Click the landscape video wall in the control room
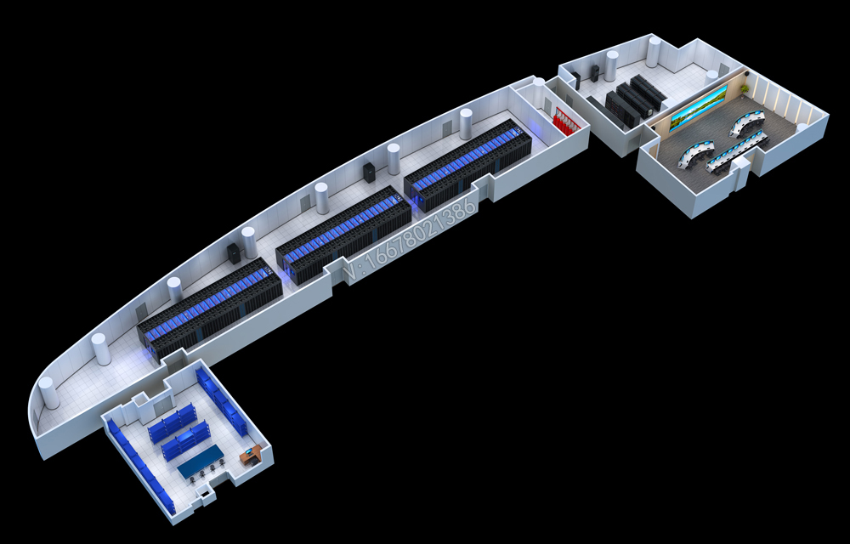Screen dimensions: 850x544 699,108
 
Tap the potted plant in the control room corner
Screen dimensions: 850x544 745,88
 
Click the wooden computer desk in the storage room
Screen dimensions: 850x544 251,455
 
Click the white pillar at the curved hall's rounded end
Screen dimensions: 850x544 48,393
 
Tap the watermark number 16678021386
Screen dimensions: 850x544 413,238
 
